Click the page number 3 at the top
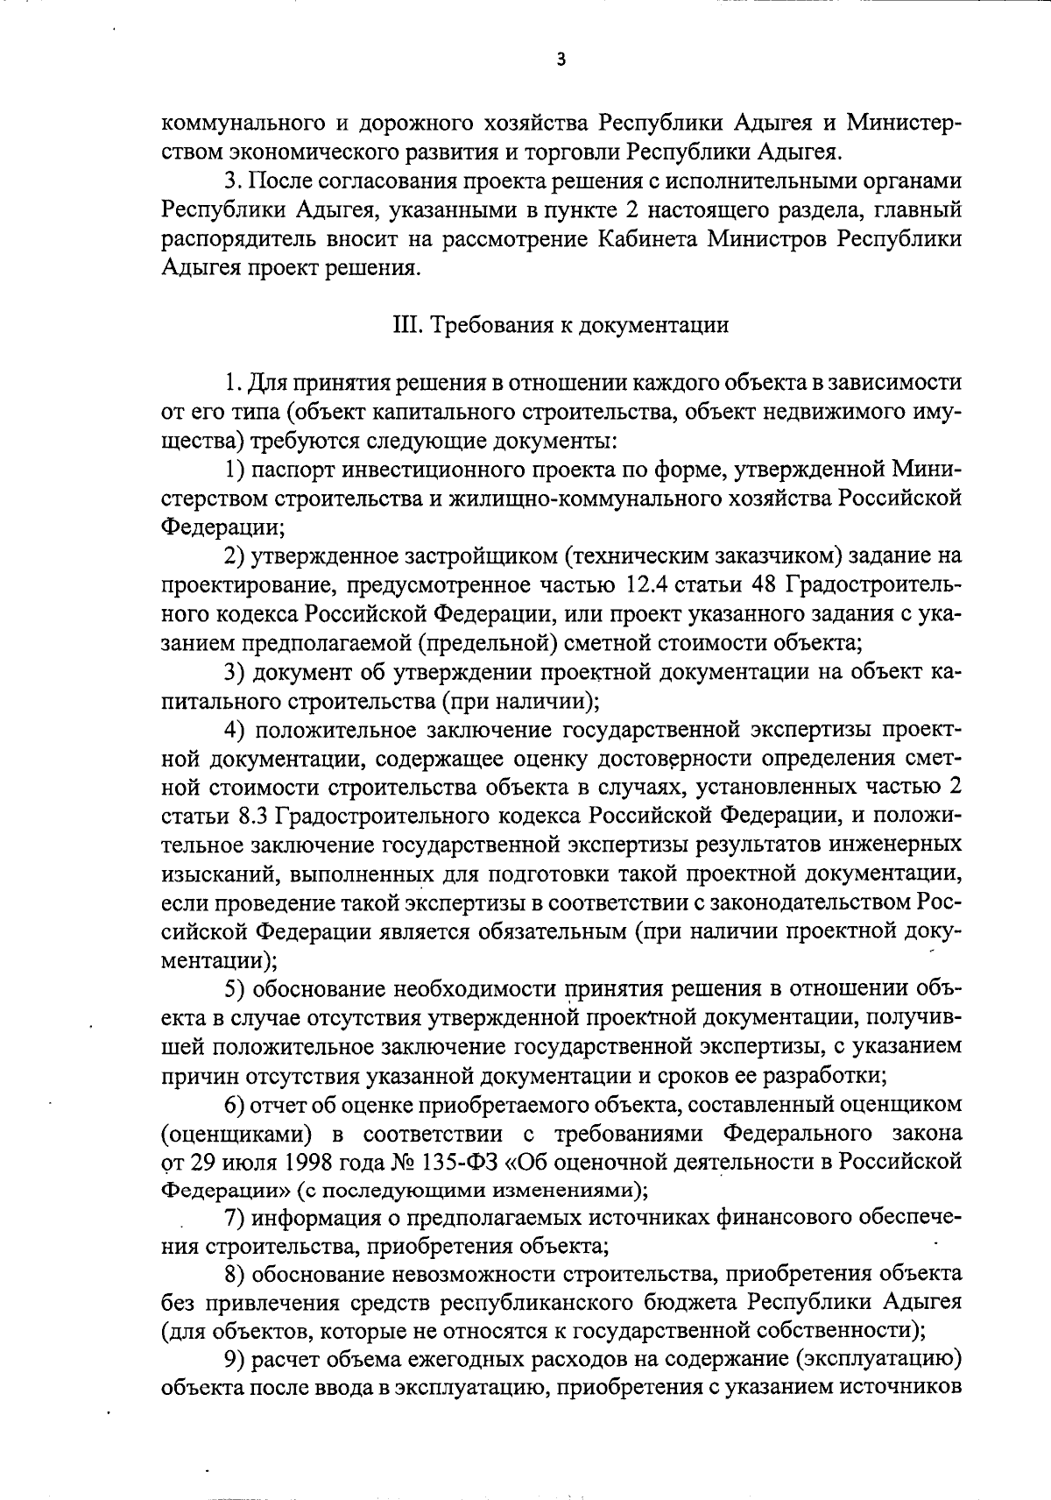tap(561, 61)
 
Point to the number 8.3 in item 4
tap(253, 816)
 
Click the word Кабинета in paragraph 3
tap(755, 239)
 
